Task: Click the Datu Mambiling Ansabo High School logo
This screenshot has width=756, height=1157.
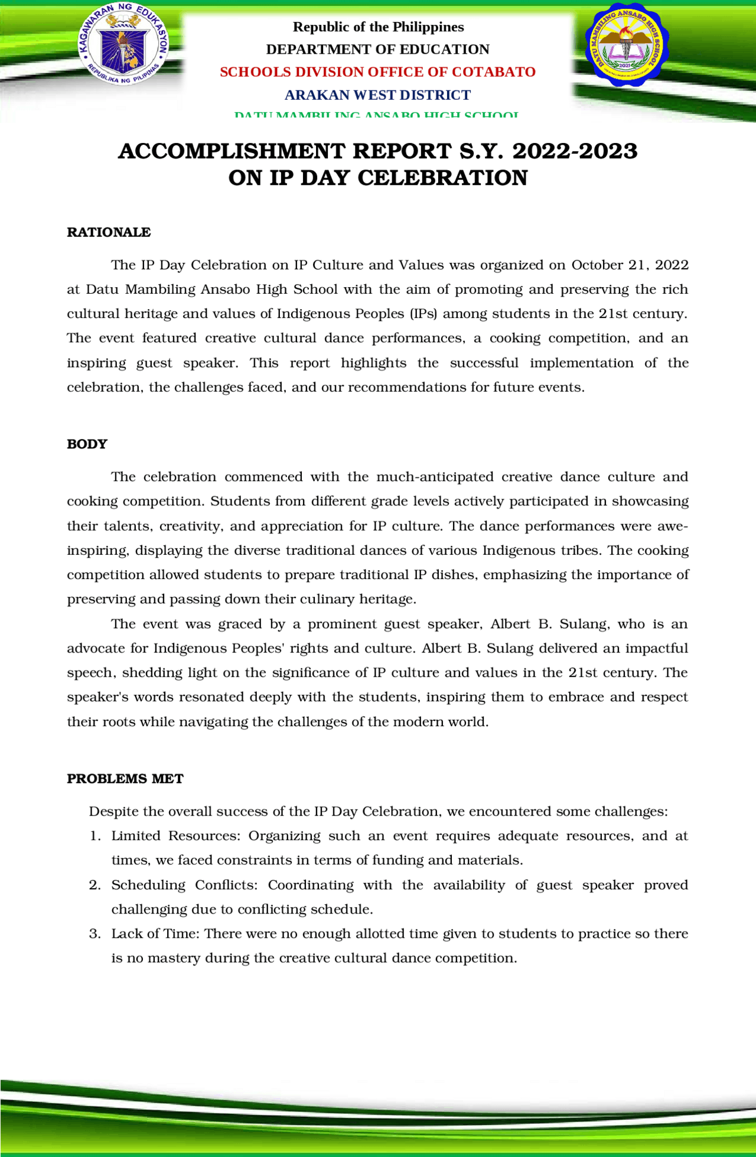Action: [x=625, y=45]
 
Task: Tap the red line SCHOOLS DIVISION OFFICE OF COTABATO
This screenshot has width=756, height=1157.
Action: [x=377, y=72]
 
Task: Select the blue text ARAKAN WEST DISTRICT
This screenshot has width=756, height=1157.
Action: [x=377, y=95]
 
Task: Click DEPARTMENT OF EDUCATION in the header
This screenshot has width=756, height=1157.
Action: [x=377, y=50]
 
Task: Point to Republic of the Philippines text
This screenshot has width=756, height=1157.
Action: [x=378, y=27]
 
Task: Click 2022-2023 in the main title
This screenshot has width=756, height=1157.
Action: [x=575, y=151]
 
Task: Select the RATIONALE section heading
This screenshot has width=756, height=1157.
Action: [x=109, y=232]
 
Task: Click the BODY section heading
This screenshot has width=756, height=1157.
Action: [x=87, y=444]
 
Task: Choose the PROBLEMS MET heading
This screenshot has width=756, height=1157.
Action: [x=125, y=779]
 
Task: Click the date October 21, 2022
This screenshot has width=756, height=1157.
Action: [x=630, y=265]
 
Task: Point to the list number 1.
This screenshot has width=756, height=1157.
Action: [x=94, y=836]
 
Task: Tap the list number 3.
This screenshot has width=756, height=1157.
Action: [x=94, y=934]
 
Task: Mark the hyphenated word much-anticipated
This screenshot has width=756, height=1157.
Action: [x=435, y=477]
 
